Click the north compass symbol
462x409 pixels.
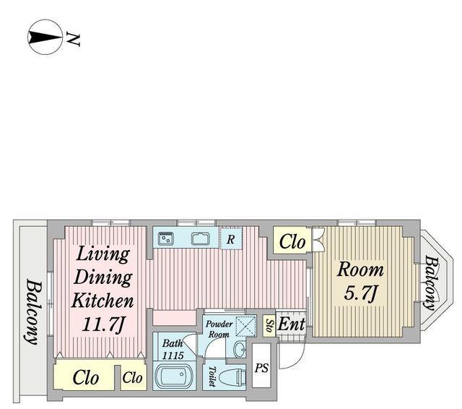(x=45, y=37)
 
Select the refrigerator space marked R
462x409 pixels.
(x=231, y=238)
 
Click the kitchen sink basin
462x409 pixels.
(x=201, y=238)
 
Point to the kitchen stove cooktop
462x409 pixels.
(x=166, y=238)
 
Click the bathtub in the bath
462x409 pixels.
(x=173, y=376)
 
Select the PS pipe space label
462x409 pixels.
(x=261, y=368)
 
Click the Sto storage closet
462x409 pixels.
(x=269, y=326)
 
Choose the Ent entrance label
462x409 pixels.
(x=291, y=324)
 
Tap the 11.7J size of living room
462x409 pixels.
(x=103, y=324)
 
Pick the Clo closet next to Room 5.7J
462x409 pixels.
(x=292, y=242)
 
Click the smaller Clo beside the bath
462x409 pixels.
(x=133, y=377)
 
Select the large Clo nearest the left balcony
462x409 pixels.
(x=85, y=378)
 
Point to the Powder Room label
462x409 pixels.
(x=219, y=329)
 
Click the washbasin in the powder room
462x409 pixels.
(x=239, y=350)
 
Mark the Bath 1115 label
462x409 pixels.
(x=173, y=350)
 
